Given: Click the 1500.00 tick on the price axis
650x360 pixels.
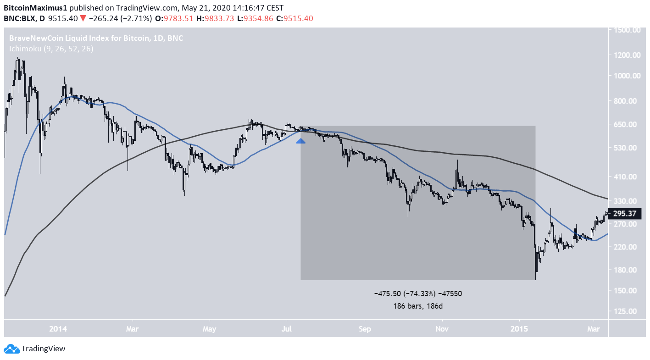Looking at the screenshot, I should click(628, 30).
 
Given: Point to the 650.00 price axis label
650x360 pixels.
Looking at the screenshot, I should click(628, 124).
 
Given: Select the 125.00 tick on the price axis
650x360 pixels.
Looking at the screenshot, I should click(628, 311).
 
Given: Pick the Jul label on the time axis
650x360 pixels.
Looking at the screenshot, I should click(287, 329).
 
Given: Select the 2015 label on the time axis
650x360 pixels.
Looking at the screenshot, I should click(519, 329).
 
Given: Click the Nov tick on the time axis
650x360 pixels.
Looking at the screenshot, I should click(442, 329).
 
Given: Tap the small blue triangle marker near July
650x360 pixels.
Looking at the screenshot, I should click(301, 141).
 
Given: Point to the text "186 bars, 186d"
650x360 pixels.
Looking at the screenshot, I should click(417, 305).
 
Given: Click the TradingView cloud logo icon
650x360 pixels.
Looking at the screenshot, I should click(11, 349).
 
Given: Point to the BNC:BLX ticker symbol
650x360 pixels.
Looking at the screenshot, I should click(20, 18).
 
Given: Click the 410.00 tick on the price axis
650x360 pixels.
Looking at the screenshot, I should click(628, 177).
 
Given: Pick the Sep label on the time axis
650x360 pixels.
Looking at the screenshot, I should click(365, 329).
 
